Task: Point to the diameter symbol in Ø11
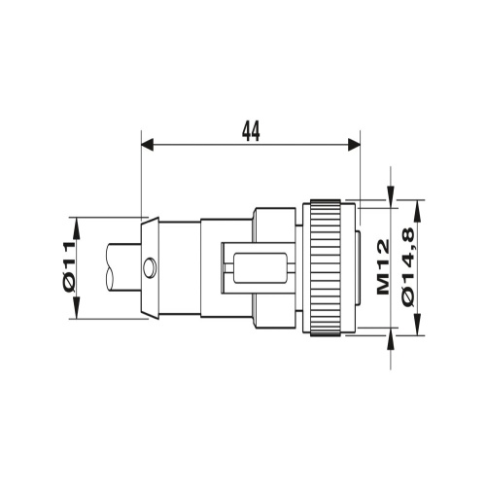click(x=70, y=284)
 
